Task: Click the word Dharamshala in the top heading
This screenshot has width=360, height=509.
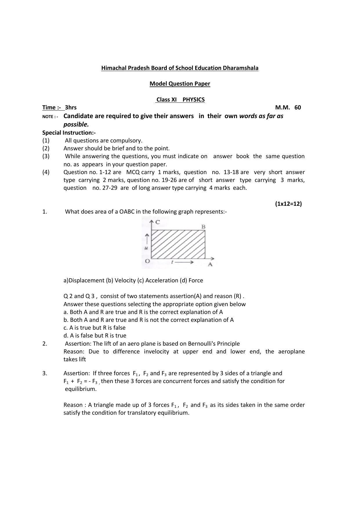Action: point(240,68)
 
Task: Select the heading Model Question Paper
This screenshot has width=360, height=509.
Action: point(180,84)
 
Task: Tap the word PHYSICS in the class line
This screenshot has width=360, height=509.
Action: point(193,100)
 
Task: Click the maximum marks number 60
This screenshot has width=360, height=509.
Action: point(298,107)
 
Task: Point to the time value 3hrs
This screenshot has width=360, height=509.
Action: point(70,107)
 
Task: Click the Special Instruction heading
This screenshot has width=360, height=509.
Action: point(69,133)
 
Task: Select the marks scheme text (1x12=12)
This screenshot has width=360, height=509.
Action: point(288,204)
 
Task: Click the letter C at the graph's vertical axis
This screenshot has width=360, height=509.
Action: point(158,222)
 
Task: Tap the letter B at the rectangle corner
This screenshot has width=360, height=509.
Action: point(203,227)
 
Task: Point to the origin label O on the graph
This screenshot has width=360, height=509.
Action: point(147,261)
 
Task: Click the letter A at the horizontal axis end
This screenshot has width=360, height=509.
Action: point(210,264)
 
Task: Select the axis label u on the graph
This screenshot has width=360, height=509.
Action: point(146,248)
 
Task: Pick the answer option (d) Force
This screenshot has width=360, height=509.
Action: point(191,280)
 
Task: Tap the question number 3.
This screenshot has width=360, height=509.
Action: point(45,373)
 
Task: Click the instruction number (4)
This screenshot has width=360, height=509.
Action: point(46,172)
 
